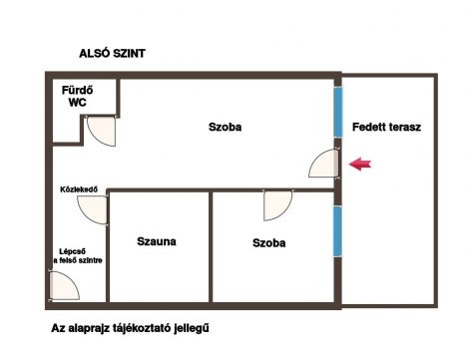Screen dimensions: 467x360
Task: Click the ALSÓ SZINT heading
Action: [112, 54]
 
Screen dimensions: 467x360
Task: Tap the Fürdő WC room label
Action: [78, 97]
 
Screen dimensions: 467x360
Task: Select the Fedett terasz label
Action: [386, 127]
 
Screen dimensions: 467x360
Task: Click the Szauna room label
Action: [157, 241]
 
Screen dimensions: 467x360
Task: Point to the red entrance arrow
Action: [360, 164]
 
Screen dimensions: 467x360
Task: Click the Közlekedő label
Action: [79, 189]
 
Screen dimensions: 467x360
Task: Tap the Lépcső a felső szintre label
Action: [78, 256]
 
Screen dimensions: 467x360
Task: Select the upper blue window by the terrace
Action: [338, 112]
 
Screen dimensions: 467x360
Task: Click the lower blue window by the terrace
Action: [338, 231]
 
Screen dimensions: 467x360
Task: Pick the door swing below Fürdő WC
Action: [101, 131]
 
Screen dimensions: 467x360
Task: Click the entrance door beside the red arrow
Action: [323, 164]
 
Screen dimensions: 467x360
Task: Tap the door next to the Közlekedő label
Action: [93, 209]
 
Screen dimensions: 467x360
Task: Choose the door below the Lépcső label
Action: [64, 285]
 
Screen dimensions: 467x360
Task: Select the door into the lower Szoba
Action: [277, 205]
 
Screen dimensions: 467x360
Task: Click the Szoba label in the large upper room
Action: [225, 127]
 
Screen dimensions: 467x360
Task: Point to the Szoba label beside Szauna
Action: [268, 243]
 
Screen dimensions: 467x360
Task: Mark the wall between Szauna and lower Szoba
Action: [211, 247]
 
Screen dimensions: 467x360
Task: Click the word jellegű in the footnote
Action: [192, 329]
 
